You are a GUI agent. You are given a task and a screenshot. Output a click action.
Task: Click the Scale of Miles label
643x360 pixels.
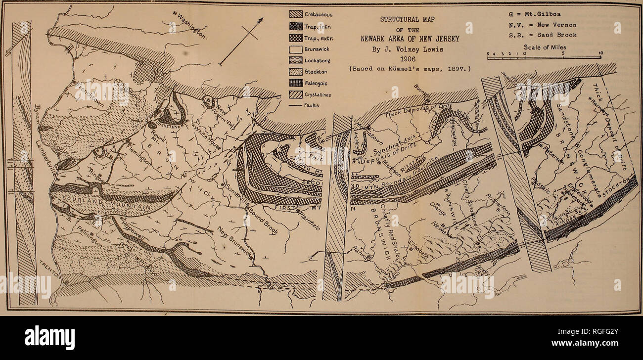(x=543, y=47)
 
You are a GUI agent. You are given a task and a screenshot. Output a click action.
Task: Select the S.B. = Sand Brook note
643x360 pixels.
(x=543, y=35)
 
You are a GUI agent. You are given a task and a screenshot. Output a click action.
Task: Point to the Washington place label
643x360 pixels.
(x=190, y=25)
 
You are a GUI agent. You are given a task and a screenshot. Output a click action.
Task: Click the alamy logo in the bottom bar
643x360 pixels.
(x=49, y=338)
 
